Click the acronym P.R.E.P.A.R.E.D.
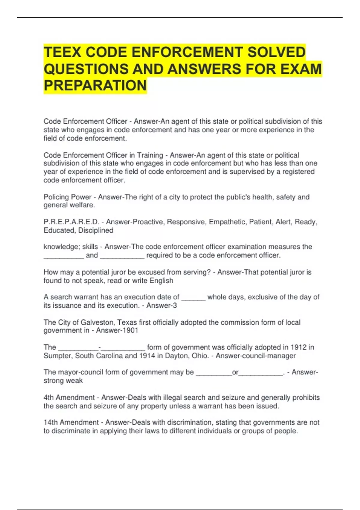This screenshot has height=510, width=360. pos(71,222)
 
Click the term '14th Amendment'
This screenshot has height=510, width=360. pos(71,422)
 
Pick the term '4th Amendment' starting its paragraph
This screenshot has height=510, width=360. pos(69,397)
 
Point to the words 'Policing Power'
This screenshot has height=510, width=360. pos(67,197)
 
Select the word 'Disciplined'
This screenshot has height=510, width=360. pos(96,230)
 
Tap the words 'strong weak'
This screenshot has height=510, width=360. pos(63,381)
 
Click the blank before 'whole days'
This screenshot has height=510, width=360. pos(193,298)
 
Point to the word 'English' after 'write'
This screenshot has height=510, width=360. pos(161,281)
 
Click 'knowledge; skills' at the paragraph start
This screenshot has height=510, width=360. pos(71,247)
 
